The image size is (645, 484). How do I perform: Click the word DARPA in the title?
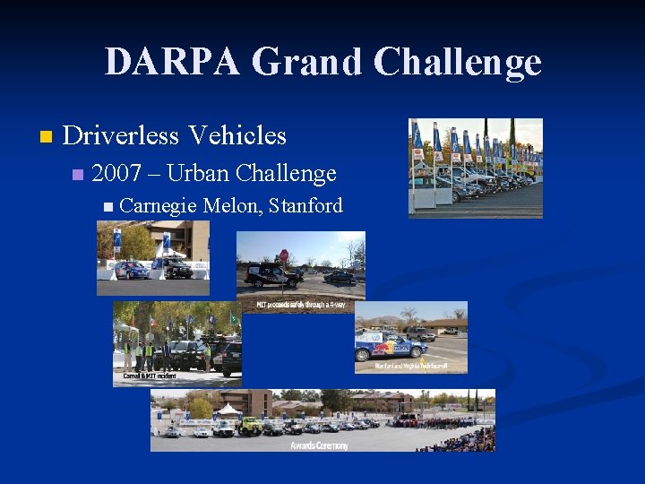click(170, 62)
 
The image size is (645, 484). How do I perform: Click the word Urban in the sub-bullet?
click(197, 173)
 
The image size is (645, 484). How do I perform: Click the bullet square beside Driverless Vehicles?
click(43, 137)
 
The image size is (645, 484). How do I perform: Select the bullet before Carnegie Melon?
click(107, 207)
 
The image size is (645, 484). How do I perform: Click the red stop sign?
click(284, 255)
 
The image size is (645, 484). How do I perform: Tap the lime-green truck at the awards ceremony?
click(249, 427)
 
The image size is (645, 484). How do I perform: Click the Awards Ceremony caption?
click(318, 445)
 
